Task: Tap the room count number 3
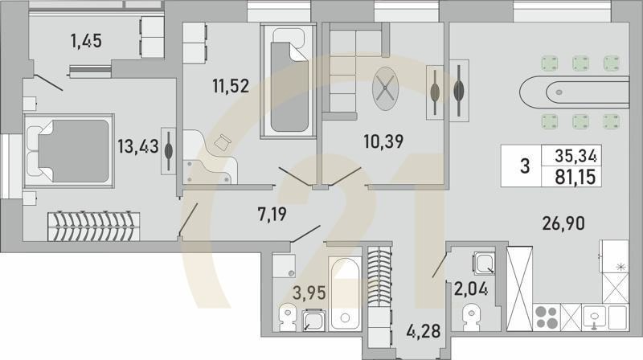[x=526, y=166]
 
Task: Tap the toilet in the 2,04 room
[x=469, y=316]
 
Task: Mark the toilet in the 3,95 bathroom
[x=285, y=317]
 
